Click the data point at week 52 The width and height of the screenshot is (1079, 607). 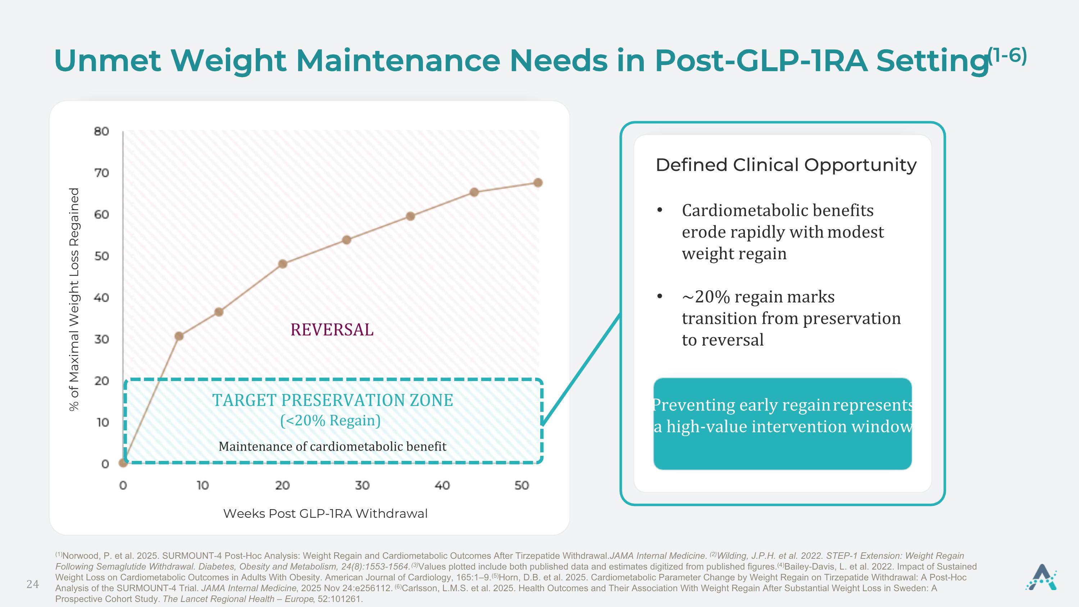(x=538, y=183)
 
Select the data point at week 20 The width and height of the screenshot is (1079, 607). (x=283, y=264)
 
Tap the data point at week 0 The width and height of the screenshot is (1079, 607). (x=123, y=462)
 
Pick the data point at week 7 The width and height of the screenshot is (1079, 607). (x=179, y=336)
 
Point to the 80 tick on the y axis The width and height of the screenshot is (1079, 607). (x=101, y=132)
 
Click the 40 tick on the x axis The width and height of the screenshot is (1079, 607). (x=442, y=485)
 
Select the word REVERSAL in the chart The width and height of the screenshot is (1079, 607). (x=332, y=330)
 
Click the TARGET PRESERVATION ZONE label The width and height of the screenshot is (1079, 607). (x=333, y=400)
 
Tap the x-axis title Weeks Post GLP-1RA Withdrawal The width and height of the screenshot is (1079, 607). (x=325, y=513)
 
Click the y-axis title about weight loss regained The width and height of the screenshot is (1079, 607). (x=74, y=299)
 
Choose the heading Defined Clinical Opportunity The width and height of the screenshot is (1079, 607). (x=786, y=165)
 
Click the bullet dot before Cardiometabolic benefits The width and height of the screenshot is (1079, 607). (x=660, y=210)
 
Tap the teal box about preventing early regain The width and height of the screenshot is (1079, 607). (x=782, y=423)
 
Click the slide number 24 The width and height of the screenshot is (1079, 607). (x=33, y=584)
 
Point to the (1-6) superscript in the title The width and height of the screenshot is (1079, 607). (x=1007, y=56)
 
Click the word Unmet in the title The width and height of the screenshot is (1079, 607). (x=107, y=60)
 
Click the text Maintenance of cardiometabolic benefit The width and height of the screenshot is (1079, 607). (x=333, y=447)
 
